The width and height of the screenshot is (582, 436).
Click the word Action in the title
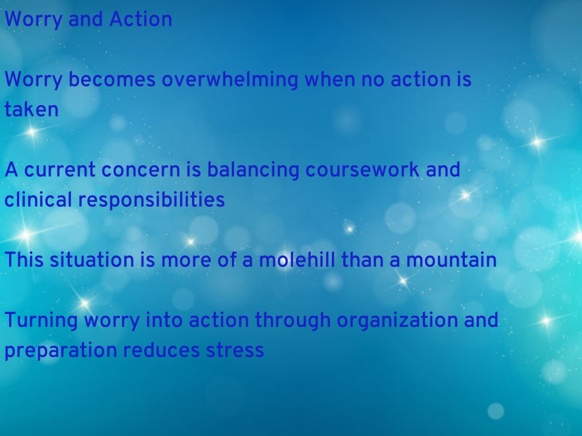click(x=141, y=19)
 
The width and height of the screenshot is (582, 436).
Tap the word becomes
click(x=112, y=79)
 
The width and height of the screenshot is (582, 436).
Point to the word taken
click(x=32, y=110)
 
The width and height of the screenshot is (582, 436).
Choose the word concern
click(x=141, y=170)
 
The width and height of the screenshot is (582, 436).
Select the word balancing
click(x=253, y=170)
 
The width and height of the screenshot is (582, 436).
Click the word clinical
click(x=38, y=200)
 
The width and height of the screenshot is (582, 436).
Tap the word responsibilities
click(x=151, y=200)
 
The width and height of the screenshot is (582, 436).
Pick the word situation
click(x=92, y=259)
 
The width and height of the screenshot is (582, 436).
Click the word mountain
click(x=451, y=260)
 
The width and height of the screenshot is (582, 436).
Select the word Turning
click(x=41, y=321)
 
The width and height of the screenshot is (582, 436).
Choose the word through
click(x=293, y=321)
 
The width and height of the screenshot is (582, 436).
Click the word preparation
click(x=61, y=351)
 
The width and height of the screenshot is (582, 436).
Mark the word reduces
click(x=161, y=350)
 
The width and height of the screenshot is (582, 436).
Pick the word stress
click(x=235, y=351)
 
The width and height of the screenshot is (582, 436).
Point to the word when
click(x=330, y=79)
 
